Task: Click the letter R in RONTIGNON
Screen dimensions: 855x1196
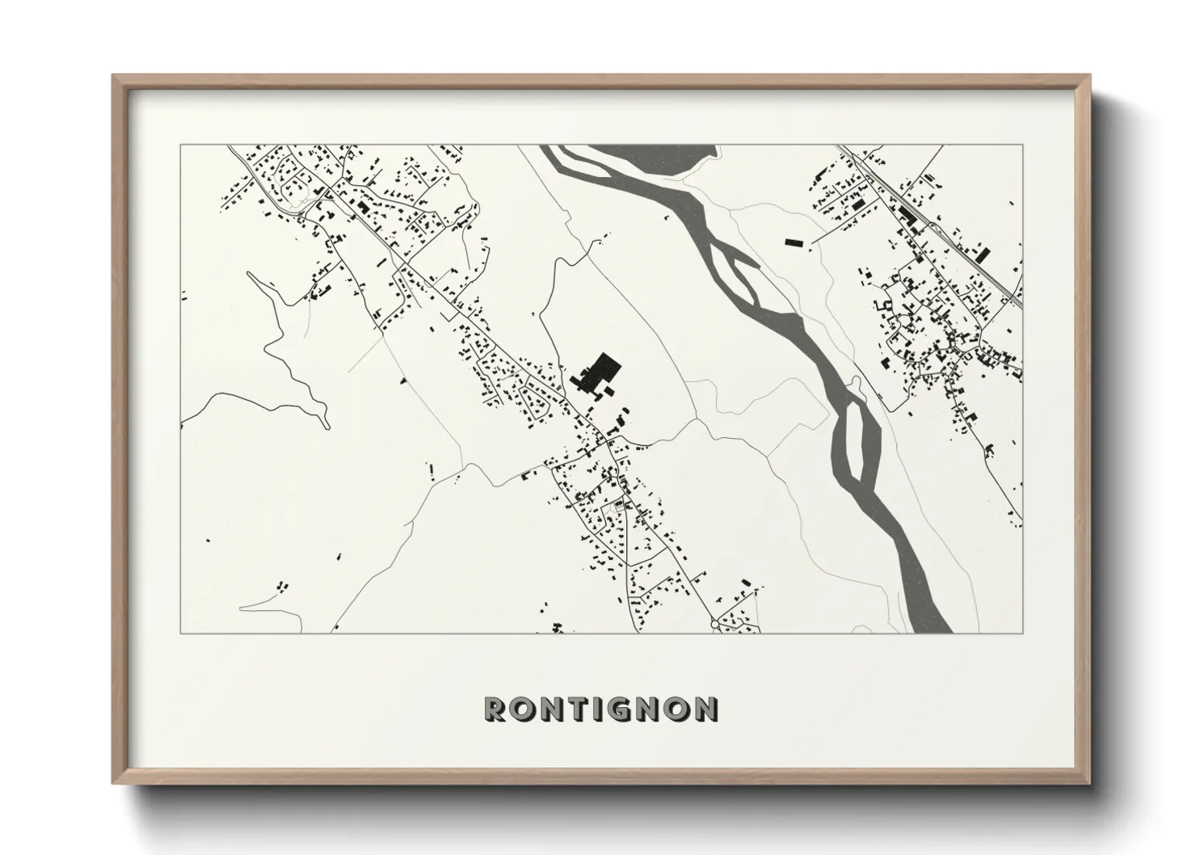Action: coord(495,710)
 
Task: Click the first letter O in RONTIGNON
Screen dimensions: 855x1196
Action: coord(521,710)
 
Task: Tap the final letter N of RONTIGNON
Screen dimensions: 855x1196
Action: coord(705,710)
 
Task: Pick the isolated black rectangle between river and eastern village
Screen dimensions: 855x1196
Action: coord(795,241)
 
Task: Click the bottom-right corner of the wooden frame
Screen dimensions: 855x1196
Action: coord(1089,783)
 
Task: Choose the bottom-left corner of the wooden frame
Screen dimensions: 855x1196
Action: coord(114,783)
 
